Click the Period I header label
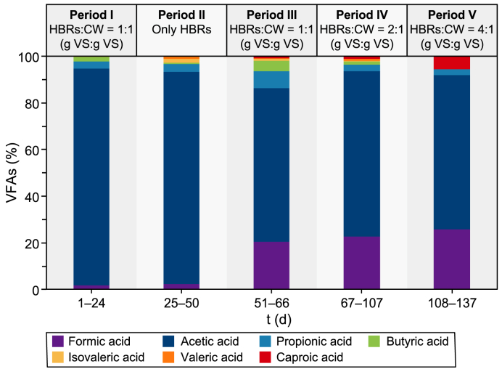(91, 15)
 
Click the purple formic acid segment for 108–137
(451, 259)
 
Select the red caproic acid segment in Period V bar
(451, 63)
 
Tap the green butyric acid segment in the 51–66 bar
(271, 65)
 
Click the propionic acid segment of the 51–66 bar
(271, 79)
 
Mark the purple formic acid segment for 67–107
(361, 263)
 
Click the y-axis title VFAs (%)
(12, 173)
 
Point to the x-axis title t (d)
(271, 319)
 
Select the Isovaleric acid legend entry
(99, 357)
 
